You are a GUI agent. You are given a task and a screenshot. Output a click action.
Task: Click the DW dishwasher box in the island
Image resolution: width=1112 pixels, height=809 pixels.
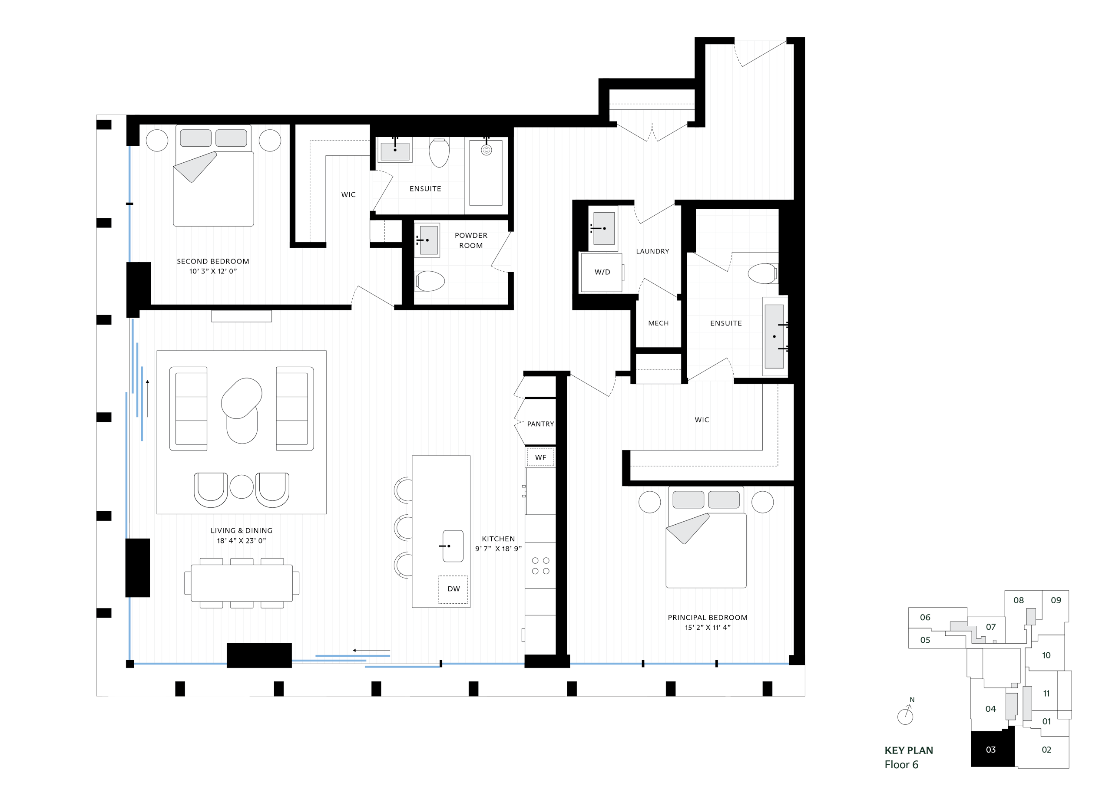pyautogui.click(x=453, y=589)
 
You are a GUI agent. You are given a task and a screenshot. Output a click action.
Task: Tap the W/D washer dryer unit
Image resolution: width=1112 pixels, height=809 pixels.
pyautogui.click(x=602, y=272)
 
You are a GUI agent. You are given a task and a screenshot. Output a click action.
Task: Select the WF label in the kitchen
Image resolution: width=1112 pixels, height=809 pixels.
pyautogui.click(x=540, y=457)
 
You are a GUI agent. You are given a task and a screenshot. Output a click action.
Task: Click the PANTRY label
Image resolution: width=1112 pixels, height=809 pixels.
pyautogui.click(x=540, y=424)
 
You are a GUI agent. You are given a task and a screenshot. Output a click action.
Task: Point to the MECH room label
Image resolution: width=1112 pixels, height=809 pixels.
pyautogui.click(x=658, y=323)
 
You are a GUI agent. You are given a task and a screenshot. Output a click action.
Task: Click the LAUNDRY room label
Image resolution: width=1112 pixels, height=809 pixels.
pyautogui.click(x=652, y=251)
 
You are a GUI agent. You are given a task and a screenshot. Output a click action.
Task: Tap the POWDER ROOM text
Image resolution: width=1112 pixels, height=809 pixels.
pyautogui.click(x=471, y=240)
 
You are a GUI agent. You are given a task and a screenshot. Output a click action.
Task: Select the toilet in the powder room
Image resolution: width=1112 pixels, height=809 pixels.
pyautogui.click(x=430, y=281)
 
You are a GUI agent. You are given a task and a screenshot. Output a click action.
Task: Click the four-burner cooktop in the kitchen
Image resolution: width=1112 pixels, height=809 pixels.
pyautogui.click(x=540, y=566)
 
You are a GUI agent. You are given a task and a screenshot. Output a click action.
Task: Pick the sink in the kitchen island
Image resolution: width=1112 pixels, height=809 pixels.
pyautogui.click(x=453, y=546)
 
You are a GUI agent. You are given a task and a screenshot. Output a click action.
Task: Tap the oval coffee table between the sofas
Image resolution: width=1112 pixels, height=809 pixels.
pyautogui.click(x=241, y=410)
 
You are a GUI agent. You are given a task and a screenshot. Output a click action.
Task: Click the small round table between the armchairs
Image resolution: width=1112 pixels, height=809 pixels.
pyautogui.click(x=241, y=487)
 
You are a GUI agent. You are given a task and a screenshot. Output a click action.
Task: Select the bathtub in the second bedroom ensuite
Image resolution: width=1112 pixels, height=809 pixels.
pyautogui.click(x=485, y=172)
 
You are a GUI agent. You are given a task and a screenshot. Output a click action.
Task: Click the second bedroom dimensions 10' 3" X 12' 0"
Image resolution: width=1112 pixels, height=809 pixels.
pyautogui.click(x=213, y=271)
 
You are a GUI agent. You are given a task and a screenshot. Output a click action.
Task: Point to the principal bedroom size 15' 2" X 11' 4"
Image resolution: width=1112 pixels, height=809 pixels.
pyautogui.click(x=708, y=627)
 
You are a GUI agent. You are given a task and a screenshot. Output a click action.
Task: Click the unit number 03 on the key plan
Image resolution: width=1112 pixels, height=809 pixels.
pyautogui.click(x=990, y=749)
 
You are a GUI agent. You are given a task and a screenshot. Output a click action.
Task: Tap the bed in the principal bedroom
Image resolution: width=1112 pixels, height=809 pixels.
pyautogui.click(x=705, y=544)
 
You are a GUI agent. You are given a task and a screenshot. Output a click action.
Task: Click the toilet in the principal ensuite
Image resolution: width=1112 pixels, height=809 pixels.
pyautogui.click(x=762, y=273)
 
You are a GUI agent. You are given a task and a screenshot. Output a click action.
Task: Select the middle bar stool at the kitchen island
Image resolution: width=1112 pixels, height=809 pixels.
pyautogui.click(x=404, y=527)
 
